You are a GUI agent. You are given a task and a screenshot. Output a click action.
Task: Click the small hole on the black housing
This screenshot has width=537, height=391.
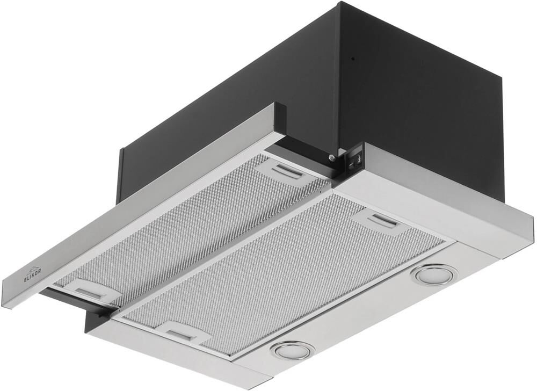point(352,59)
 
